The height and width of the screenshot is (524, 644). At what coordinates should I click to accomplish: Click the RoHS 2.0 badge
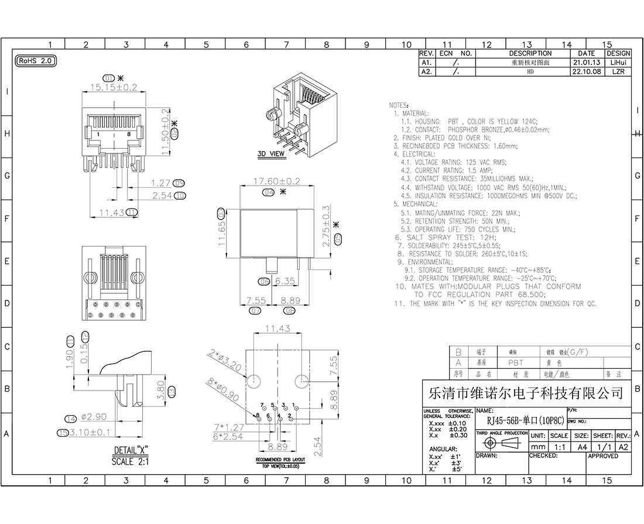[35, 60]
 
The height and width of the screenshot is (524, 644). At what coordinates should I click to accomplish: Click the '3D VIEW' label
[271, 154]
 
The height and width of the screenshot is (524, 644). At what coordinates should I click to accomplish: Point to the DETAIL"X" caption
[130, 451]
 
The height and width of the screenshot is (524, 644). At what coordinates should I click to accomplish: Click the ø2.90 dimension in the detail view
[94, 418]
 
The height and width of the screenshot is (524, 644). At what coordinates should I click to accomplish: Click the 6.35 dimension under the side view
[285, 281]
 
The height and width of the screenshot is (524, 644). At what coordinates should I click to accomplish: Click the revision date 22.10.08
[587, 71]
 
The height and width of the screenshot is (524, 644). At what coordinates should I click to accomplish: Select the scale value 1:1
[559, 447]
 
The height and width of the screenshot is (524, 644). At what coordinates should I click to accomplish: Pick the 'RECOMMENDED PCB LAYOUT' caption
[280, 460]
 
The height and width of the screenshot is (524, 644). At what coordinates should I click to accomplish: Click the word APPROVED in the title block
[602, 455]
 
